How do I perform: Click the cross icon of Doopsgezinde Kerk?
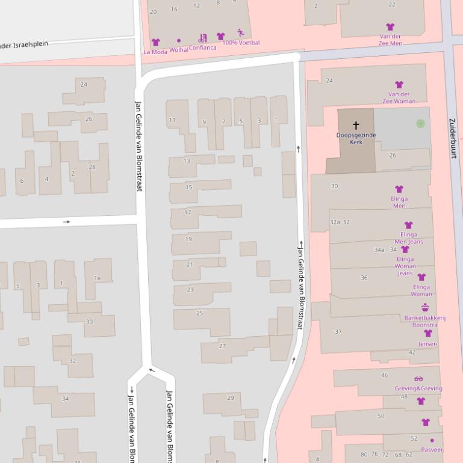[356, 125]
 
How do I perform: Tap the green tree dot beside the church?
[420, 123]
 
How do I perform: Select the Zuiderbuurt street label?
[453, 138]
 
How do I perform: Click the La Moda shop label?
[155, 52]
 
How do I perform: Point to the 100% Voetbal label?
[241, 43]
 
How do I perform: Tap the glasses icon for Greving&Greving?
[418, 379]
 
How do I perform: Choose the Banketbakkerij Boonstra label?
[425, 321]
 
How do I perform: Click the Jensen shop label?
[427, 343]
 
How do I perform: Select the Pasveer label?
[432, 449]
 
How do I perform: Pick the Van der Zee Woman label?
[399, 97]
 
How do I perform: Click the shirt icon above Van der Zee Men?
[390, 27]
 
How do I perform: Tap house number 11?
[172, 120]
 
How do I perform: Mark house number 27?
[223, 346]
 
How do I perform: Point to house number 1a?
[97, 278]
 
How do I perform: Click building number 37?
[338, 331]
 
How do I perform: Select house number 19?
[188, 239]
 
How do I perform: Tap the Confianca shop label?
[202, 48]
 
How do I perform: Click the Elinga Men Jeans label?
[408, 238]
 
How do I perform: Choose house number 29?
[230, 398]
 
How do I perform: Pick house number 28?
[92, 167]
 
